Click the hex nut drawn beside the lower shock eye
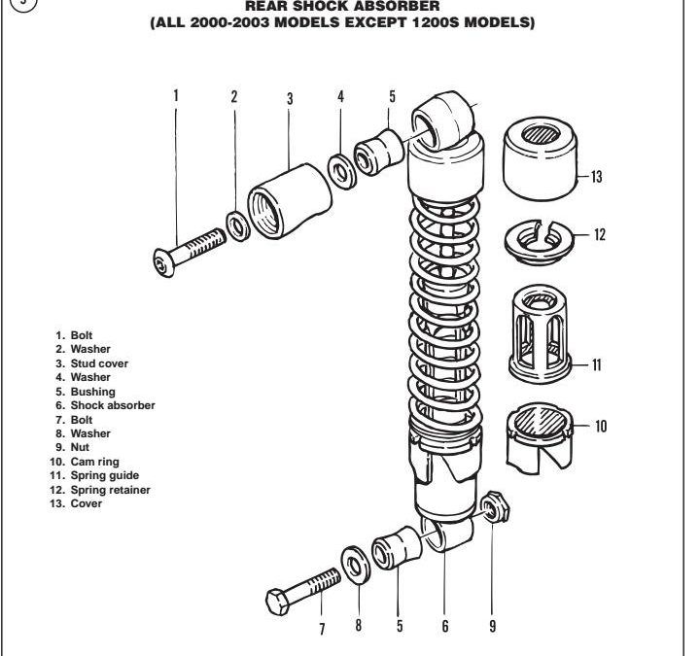pos(495,506)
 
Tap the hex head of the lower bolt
pos(277,603)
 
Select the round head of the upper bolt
pos(164,263)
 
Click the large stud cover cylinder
pos(290,202)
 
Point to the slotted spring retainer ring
pos(541,242)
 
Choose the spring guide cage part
pos(541,333)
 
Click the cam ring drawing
pos(540,438)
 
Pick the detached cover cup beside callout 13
pos(541,158)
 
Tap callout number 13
pos(596,177)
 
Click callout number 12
pos(600,234)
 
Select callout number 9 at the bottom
pos(492,626)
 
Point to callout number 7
pos(322,629)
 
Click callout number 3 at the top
pos(290,98)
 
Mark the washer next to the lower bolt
pos(356,566)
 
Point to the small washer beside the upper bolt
pos(238,226)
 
